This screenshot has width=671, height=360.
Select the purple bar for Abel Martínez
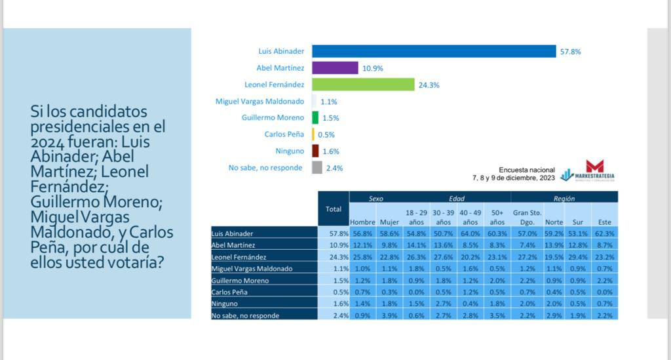point(335,68)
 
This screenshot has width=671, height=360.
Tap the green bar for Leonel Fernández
point(363,85)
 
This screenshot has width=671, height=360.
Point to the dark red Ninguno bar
point(315,151)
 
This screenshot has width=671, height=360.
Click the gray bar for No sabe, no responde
point(316,168)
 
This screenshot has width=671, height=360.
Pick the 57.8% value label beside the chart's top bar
point(570,51)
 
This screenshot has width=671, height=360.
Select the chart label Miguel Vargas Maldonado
point(259,101)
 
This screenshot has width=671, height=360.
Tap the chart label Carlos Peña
point(284,134)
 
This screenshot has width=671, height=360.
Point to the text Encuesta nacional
point(527,170)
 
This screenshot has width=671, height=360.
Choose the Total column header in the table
point(334,209)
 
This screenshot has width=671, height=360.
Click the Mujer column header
point(389,222)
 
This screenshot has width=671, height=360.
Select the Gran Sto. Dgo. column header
point(527,217)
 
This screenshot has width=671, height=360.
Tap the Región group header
point(564,198)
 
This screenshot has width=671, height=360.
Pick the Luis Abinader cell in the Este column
point(604,233)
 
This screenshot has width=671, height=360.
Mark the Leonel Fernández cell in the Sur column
point(577,256)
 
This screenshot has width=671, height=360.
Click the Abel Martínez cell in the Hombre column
point(362,245)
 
